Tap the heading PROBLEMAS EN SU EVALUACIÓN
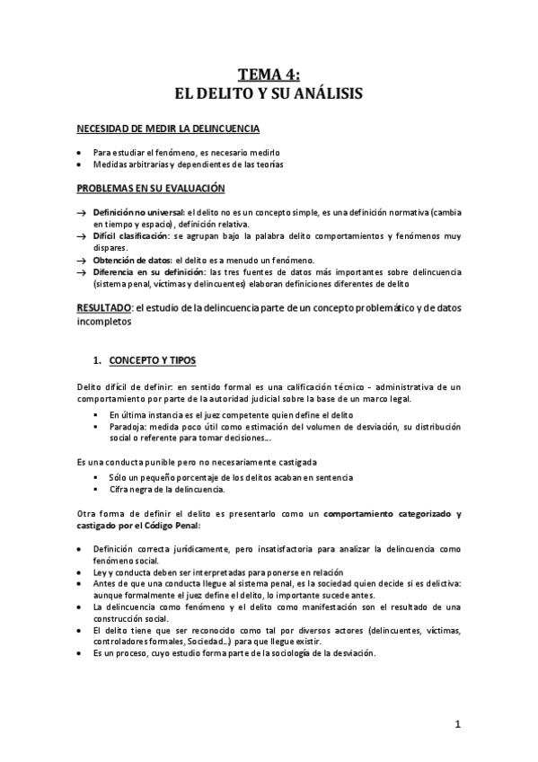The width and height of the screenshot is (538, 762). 150,188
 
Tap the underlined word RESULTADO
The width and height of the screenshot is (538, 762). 102,307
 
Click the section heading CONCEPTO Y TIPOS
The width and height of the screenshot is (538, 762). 152,361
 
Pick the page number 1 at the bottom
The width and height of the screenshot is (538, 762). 457,725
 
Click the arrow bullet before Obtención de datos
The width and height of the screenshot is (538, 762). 82,260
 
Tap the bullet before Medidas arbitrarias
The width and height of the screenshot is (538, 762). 82,165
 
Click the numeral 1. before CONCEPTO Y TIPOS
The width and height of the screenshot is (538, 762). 98,361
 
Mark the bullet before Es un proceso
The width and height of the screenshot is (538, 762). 82,653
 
